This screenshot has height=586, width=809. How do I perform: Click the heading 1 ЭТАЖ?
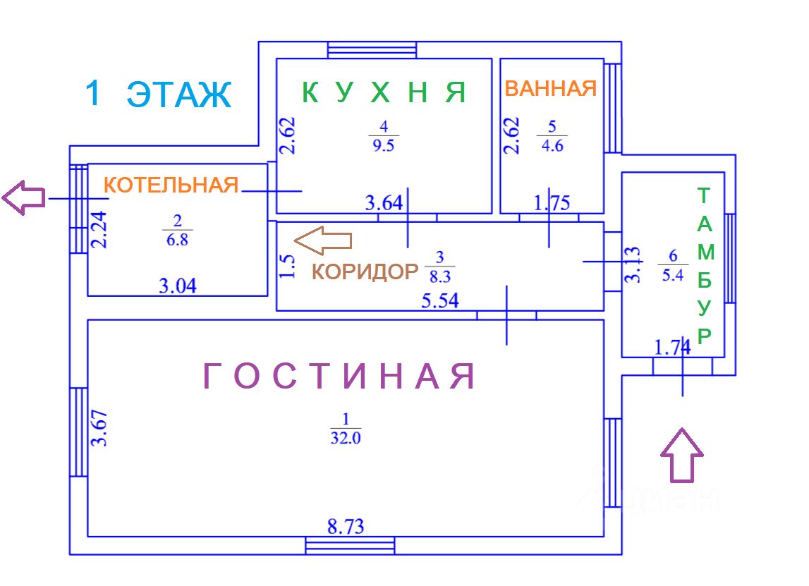tap(158, 94)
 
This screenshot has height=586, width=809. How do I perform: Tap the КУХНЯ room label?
tap(384, 92)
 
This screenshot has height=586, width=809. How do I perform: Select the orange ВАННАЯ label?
tap(551, 89)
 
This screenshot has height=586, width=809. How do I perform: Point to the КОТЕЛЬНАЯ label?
tap(171, 185)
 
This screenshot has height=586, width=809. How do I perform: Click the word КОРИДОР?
tap(365, 271)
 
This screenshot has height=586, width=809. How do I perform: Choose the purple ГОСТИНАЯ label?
tap(339, 377)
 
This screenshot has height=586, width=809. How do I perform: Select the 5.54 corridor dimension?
tap(440, 301)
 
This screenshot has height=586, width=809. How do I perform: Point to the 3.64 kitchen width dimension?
tap(384, 204)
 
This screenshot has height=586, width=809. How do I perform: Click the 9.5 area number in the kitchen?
tap(384, 145)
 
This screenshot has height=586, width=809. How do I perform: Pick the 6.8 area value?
tap(177, 240)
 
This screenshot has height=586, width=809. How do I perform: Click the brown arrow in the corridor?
tap(322, 240)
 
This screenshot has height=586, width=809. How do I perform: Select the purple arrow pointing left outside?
tap(23, 197)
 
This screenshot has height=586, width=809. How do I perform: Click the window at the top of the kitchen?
tap(372, 50)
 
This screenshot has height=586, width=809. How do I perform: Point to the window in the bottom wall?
tap(350, 546)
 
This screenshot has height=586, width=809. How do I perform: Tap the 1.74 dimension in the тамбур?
tap(672, 347)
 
